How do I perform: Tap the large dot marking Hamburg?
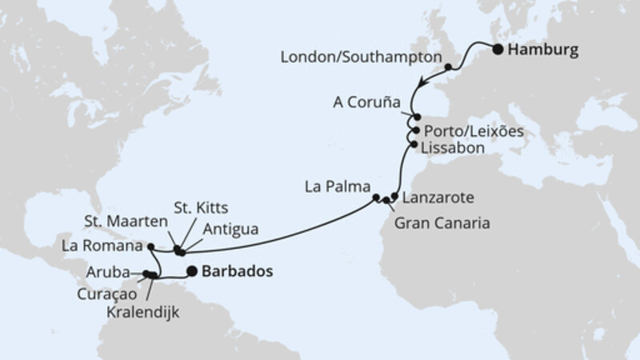coord(498,50)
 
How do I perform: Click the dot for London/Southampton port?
coord(450,67)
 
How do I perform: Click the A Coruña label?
coord(367,102)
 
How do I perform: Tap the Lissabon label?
coord(454,147)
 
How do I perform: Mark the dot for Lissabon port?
coord(413,145)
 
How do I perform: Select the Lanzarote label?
coord(438,196)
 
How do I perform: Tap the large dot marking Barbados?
coord(192,270)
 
